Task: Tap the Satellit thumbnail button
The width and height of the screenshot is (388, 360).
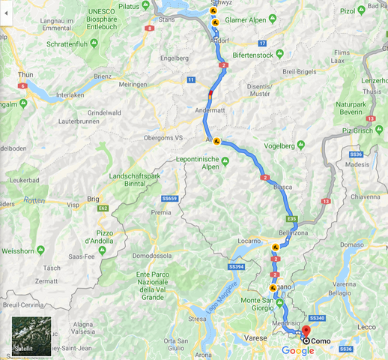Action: point(31,336)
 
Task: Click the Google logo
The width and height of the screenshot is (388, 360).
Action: point(298,350)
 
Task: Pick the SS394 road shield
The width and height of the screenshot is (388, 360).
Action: point(237,266)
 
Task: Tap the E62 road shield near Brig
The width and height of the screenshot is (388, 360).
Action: point(103,208)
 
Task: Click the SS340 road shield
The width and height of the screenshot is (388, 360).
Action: point(317,319)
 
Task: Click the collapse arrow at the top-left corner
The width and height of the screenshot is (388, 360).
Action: point(6,13)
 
